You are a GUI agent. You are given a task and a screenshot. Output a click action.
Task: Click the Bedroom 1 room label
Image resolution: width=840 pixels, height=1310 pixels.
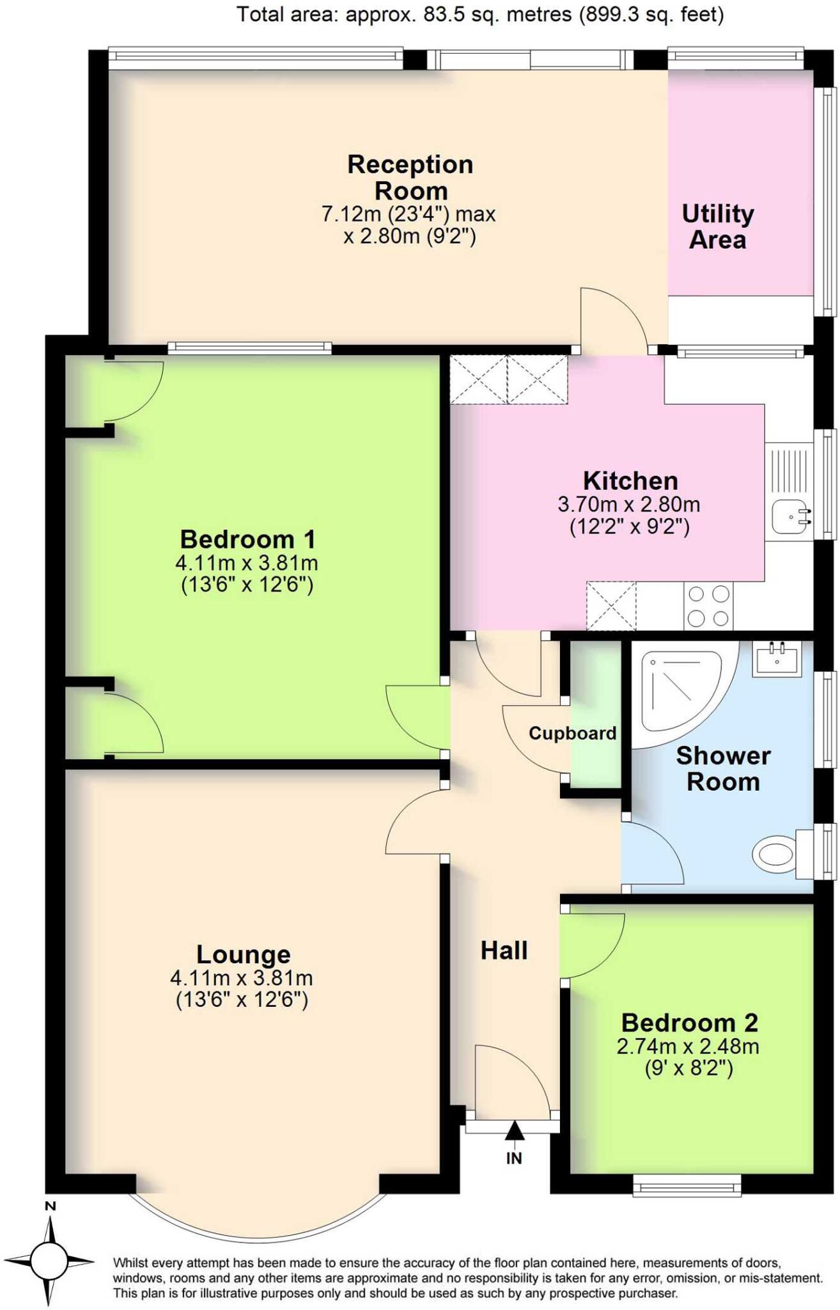point(247,539)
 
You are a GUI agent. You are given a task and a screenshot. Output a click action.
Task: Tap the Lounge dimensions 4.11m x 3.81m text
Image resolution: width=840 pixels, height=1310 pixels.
point(241,978)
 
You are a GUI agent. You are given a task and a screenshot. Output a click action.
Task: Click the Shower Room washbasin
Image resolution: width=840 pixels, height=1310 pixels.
point(776,659)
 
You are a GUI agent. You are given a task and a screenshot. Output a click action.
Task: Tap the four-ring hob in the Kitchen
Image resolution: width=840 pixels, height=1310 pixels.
point(708,606)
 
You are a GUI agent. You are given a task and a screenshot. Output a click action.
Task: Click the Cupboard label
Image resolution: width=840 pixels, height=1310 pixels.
point(572,733)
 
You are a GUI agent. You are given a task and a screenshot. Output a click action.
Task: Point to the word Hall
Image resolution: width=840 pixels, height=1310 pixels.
point(504,951)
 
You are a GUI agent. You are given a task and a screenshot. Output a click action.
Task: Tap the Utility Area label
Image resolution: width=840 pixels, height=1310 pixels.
point(717,226)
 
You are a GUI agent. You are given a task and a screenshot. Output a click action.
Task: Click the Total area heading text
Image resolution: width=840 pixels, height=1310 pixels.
point(480,14)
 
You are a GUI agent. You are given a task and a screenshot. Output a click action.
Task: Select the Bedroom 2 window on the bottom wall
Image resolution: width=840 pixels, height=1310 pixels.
point(687,1188)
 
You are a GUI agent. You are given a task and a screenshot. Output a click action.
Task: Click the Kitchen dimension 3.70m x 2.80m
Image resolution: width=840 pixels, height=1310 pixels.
point(629,505)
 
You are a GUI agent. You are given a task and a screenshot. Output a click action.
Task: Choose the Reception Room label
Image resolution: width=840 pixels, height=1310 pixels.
point(410,177)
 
